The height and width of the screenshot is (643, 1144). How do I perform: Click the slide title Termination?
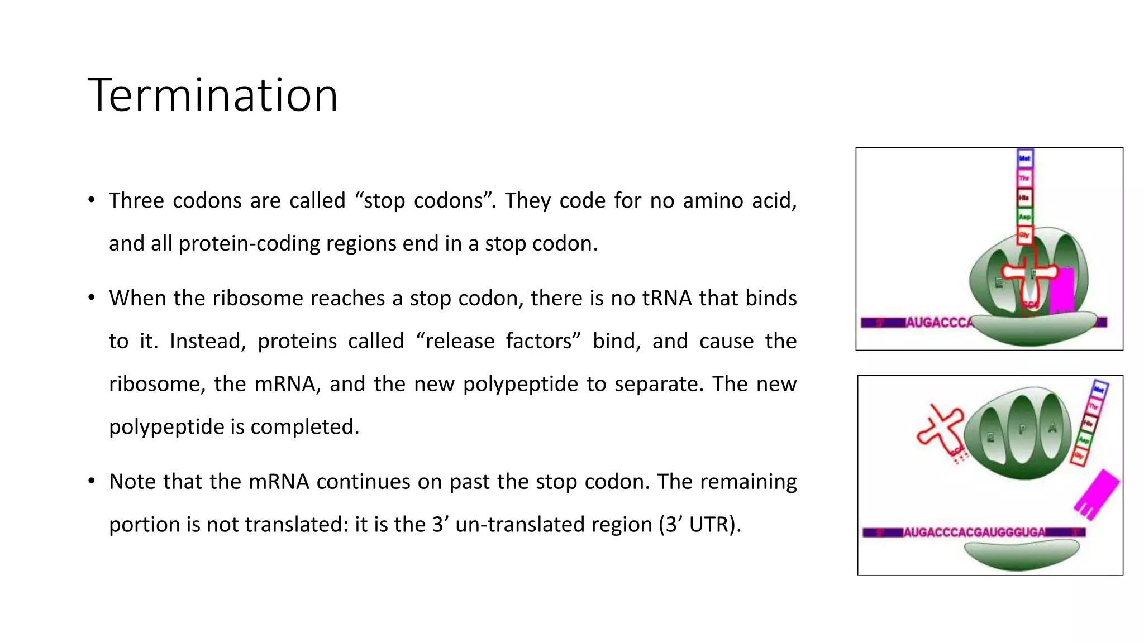click(213, 95)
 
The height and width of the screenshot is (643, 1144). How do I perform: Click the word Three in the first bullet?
click(136, 201)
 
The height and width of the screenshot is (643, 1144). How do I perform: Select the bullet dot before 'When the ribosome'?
click(92, 297)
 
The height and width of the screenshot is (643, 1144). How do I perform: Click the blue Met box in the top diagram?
click(1024, 159)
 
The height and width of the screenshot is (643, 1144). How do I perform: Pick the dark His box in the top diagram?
click(1024, 198)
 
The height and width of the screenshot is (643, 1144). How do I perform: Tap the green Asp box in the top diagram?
click(1024, 217)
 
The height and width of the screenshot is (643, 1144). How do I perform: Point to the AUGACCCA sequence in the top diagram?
click(938, 323)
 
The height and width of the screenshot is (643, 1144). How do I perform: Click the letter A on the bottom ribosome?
click(1052, 428)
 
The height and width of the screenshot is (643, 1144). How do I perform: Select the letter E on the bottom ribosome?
click(990, 438)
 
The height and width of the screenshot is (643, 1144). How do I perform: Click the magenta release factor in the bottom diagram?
click(1096, 493)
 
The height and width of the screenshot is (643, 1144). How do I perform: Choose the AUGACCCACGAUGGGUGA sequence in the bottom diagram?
click(974, 532)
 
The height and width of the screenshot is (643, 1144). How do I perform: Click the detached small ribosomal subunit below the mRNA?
click(1021, 555)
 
